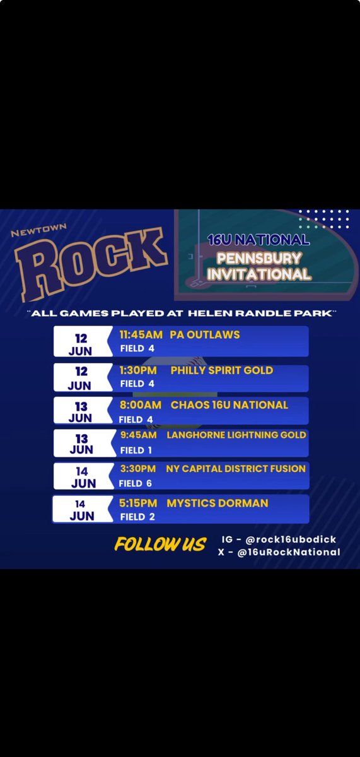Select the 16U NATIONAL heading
258,240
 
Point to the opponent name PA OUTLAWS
205,334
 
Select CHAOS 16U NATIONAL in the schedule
229,404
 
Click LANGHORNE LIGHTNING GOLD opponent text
236,435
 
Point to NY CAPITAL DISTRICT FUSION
236,469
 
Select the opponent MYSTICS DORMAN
218,503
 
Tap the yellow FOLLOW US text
160,544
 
